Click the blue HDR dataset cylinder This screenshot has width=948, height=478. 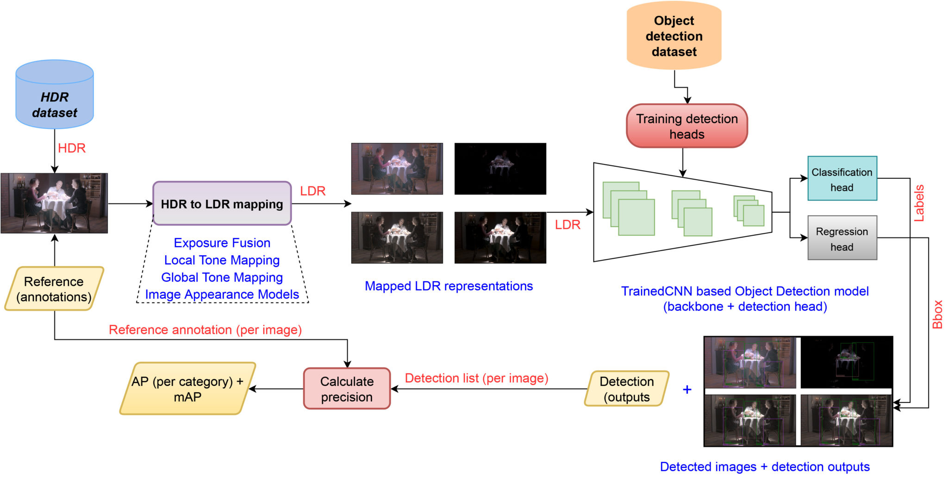pos(55,95)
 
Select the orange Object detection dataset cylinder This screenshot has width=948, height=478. pos(674,36)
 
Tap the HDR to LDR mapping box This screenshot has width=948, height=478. pos(222,204)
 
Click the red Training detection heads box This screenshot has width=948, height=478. pos(686,126)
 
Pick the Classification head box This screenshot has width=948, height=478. pos(842,179)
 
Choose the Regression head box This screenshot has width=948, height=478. pos(842,238)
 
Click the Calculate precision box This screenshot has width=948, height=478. pos(347,389)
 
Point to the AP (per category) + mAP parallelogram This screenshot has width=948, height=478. pos(187,389)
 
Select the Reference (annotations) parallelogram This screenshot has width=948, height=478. pos(54,289)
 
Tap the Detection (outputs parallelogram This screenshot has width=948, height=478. pos(627,389)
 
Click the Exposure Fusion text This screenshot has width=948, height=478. pos(222,243)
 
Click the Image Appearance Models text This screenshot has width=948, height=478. pos(222,294)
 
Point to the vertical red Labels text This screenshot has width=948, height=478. pos(919,203)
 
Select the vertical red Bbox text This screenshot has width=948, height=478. pos(937,314)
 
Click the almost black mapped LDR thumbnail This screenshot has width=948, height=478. pos(500,169)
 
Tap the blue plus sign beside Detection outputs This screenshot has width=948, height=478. pos(687,390)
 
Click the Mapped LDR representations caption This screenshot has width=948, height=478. pos(449,286)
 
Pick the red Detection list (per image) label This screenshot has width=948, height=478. pos(476,378)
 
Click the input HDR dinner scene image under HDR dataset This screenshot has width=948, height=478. pos(54,203)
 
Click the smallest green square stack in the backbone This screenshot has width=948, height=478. pos(749,211)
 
